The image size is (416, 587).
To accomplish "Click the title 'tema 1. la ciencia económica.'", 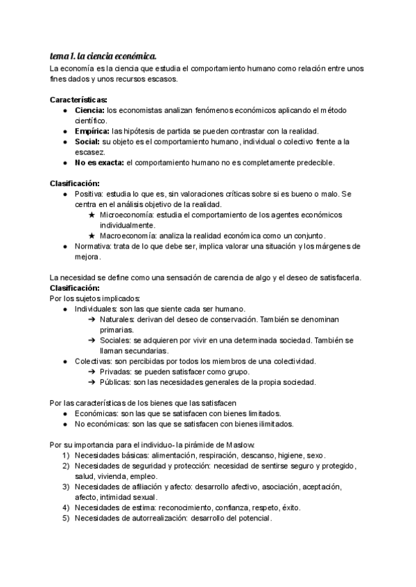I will coord(103,55).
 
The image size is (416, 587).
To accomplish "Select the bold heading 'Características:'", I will coord(78,100).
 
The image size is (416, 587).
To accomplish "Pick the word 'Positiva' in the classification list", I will coord(88,195).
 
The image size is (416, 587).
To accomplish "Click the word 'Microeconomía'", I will coord(127,216).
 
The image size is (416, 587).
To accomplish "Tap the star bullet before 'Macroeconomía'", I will coord(92,236).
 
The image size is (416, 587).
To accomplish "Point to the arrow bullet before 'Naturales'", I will coord(92,319).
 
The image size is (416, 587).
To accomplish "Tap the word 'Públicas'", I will coord(115,381).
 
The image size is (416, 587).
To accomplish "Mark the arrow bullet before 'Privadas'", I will coord(92,372).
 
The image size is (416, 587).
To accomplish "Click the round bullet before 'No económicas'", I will coord(64,424).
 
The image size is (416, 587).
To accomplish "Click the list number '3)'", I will coord(65,487).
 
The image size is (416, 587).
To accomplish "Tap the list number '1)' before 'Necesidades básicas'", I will coord(65,455).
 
